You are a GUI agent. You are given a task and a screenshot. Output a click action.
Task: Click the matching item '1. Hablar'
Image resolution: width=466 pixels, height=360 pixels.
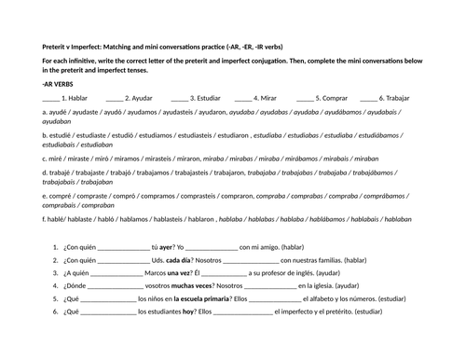74,96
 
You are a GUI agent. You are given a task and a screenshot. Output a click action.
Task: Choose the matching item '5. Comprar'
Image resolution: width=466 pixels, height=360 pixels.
332,96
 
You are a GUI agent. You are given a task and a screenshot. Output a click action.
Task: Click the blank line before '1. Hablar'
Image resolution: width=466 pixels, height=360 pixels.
50,97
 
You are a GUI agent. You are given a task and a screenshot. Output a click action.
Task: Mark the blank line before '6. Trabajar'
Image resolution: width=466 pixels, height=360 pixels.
367,97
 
